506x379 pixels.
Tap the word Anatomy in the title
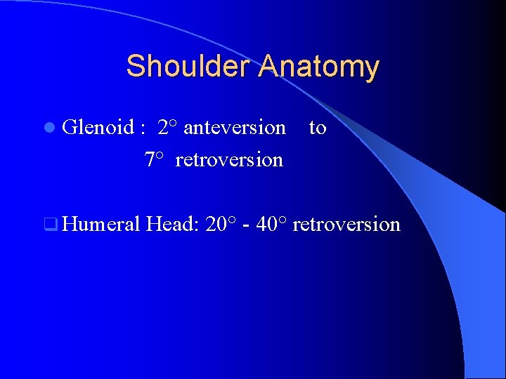[319, 67]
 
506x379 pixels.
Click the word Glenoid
[98, 128]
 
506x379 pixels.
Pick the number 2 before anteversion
[163, 128]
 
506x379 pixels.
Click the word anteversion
[234, 128]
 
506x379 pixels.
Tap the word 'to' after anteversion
[318, 128]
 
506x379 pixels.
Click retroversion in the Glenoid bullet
[229, 160]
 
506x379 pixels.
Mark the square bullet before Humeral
[48, 225]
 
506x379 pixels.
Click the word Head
[171, 225]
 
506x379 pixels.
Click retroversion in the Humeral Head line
[346, 225]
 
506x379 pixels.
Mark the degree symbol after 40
[283, 220]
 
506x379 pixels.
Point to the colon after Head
[200, 227]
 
